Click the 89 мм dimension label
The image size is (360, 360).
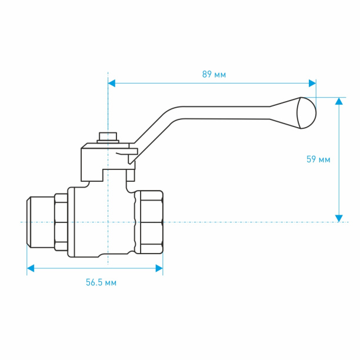click(214, 74)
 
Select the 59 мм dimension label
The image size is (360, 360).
click(318, 159)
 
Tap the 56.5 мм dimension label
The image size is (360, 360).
click(101, 282)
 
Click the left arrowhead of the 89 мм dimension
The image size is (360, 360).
click(112, 84)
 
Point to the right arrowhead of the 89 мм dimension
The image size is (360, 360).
click(312, 84)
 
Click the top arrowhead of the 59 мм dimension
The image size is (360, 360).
click(339, 101)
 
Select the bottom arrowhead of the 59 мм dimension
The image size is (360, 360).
click(339, 218)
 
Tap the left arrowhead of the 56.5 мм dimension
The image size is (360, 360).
click(31, 268)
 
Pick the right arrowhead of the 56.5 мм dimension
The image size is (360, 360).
click(159, 268)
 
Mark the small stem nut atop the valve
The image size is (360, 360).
click(108, 137)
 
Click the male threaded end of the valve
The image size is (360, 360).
click(41, 222)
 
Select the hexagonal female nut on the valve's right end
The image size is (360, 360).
click(149, 222)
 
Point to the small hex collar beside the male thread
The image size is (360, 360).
click(61, 222)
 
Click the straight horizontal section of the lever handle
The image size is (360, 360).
click(226, 113)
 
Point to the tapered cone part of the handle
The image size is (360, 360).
click(285, 113)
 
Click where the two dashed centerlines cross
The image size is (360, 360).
click(108, 222)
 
